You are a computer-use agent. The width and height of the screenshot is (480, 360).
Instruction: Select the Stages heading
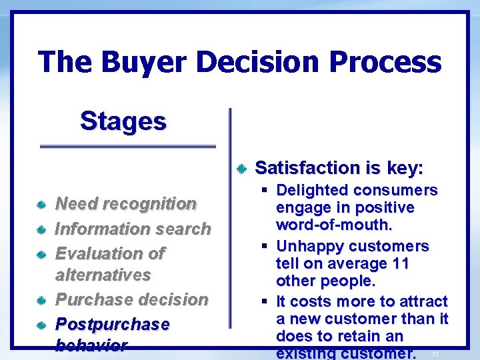(123, 121)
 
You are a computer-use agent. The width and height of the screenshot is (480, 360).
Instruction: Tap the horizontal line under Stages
(128, 145)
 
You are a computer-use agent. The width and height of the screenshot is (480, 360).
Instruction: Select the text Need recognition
(125, 203)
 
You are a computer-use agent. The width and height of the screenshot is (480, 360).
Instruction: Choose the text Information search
(132, 229)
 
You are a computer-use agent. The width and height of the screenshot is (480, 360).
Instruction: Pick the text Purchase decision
(131, 299)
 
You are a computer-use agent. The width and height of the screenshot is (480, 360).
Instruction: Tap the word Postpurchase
(112, 324)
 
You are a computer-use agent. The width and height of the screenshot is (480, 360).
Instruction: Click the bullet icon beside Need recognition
(41, 204)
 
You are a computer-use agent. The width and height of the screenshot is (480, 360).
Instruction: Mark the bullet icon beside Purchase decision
(41, 300)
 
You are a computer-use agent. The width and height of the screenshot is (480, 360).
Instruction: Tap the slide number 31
(435, 354)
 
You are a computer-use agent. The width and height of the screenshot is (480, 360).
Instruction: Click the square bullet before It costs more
(266, 302)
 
